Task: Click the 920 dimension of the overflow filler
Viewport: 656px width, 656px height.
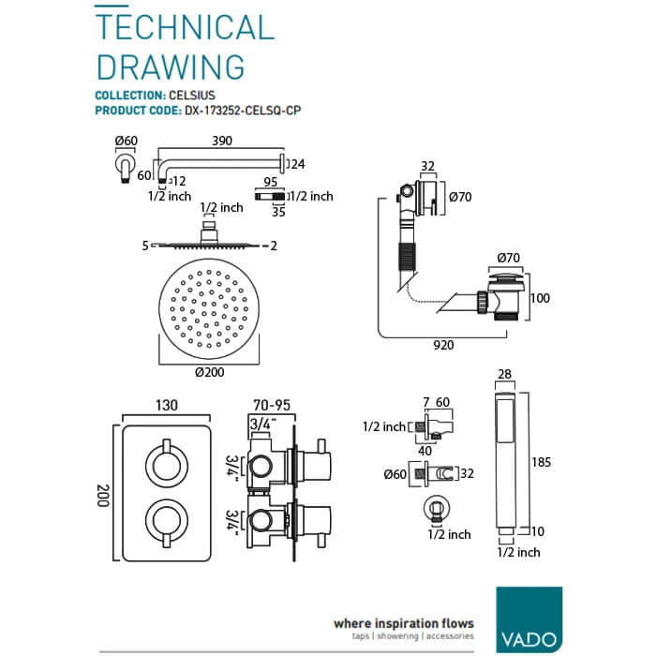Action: coord(443,345)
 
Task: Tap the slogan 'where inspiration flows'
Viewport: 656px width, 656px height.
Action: coord(404,622)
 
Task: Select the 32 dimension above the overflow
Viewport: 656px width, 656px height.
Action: coord(426,167)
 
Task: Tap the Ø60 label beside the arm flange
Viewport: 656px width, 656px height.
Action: coord(126,142)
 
